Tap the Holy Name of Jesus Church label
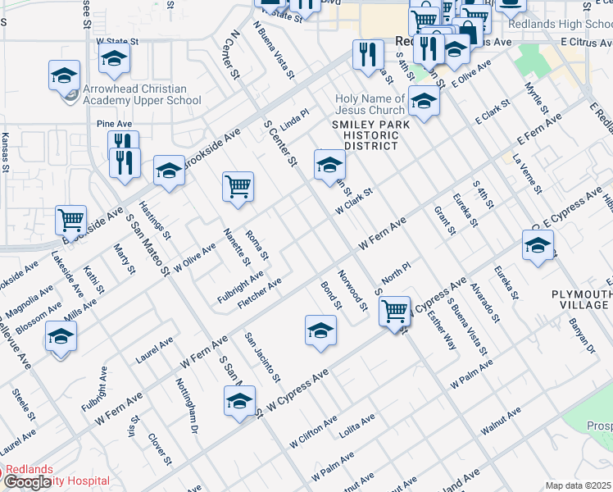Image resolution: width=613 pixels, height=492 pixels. (370, 105)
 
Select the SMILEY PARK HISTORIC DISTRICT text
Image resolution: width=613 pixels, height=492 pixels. (365, 134)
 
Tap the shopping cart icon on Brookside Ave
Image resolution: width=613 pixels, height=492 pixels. (71, 220)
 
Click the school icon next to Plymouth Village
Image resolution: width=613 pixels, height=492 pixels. (538, 245)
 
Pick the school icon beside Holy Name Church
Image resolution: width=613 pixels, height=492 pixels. (424, 101)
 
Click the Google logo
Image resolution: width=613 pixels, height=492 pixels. (28, 482)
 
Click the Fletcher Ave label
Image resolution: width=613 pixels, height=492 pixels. (259, 293)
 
